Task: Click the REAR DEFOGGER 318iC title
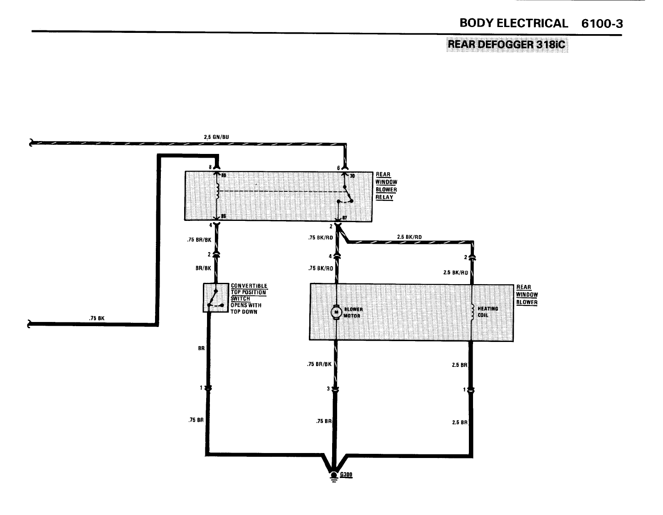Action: click(506, 44)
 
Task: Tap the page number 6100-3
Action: click(602, 24)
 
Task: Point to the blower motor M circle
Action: click(335, 312)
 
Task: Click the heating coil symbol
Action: click(472, 312)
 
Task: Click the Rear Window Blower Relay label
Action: click(386, 186)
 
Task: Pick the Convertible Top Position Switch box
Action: click(216, 297)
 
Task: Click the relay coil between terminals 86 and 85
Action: click(217, 191)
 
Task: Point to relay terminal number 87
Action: click(345, 217)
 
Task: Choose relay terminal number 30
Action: click(352, 176)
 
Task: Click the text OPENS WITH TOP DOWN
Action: click(246, 308)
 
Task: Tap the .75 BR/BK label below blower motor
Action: click(319, 364)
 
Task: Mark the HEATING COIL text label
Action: click(488, 312)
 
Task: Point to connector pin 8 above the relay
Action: click(211, 167)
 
